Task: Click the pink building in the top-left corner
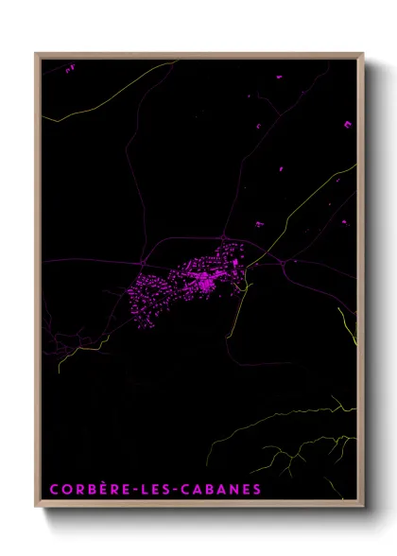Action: (x=70, y=68)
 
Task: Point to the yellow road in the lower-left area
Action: (x=76, y=350)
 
